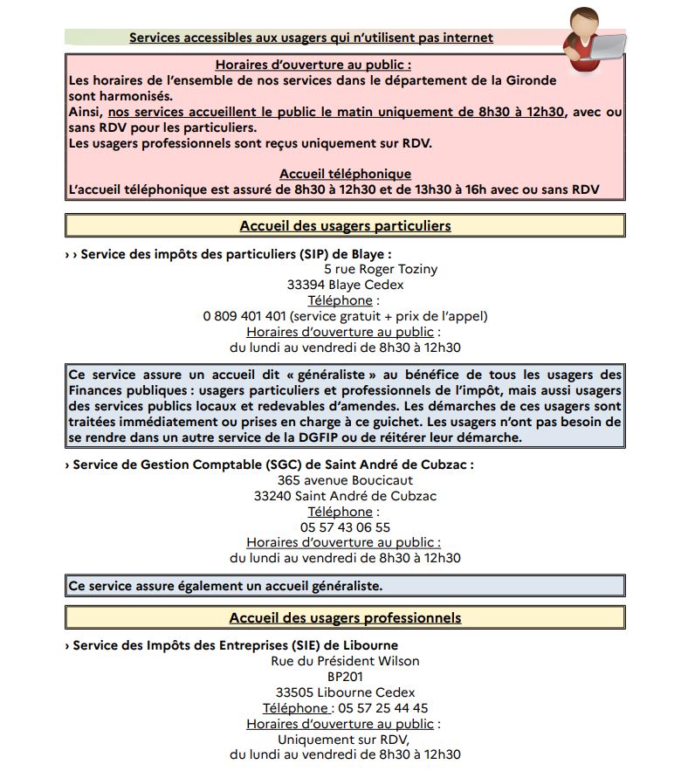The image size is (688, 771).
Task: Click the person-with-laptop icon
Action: click(594, 39)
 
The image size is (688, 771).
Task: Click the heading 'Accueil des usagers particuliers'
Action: click(345, 225)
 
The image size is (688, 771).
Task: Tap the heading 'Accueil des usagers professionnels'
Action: click(345, 617)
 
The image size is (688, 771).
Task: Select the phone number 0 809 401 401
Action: click(244, 316)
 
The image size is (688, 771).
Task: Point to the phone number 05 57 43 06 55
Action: click(345, 527)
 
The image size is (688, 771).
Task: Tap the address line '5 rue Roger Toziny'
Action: click(381, 269)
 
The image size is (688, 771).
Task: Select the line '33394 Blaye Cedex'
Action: click(345, 285)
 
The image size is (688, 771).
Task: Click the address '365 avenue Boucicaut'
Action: click(345, 480)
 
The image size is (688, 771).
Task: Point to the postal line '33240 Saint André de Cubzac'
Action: click(345, 496)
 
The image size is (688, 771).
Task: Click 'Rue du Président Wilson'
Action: click(345, 661)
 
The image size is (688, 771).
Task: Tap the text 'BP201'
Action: click(345, 677)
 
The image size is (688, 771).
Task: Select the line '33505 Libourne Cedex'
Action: click(345, 692)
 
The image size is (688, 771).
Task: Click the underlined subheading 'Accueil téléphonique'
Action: click(345, 174)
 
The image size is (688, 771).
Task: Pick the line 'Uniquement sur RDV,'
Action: click(345, 740)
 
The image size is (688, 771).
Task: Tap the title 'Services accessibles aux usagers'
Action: click(311, 38)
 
